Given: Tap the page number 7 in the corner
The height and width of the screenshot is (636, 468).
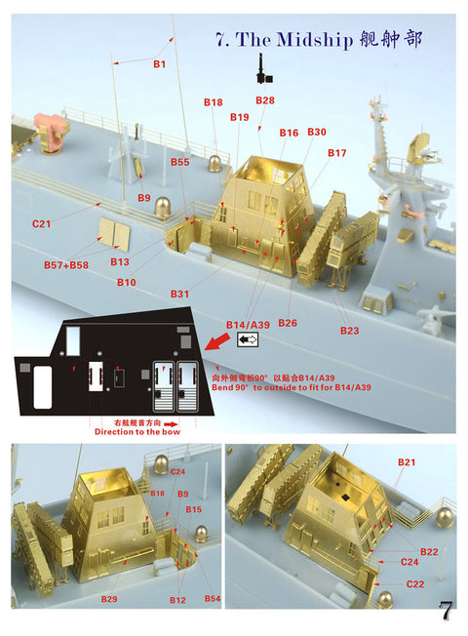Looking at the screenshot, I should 446,612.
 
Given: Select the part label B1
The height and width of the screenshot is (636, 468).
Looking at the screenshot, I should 160,64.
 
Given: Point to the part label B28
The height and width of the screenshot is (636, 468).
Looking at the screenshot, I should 265,100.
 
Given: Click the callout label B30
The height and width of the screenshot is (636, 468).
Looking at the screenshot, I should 317,132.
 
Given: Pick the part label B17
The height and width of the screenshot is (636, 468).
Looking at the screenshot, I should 337,153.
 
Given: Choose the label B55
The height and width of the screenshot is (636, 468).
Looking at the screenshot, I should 179,162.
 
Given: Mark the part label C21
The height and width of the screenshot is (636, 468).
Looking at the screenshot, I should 41,223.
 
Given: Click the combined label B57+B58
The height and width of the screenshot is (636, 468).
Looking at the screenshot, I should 65,264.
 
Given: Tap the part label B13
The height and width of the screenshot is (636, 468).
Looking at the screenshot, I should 120,261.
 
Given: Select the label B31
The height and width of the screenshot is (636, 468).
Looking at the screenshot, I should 179,294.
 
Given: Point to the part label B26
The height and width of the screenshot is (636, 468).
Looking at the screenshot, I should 288,323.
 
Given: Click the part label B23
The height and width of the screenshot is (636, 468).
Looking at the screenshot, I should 349,331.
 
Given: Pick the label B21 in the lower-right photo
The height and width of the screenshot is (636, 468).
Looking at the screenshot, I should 407,460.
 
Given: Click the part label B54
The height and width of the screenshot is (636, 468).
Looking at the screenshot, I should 213,597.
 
